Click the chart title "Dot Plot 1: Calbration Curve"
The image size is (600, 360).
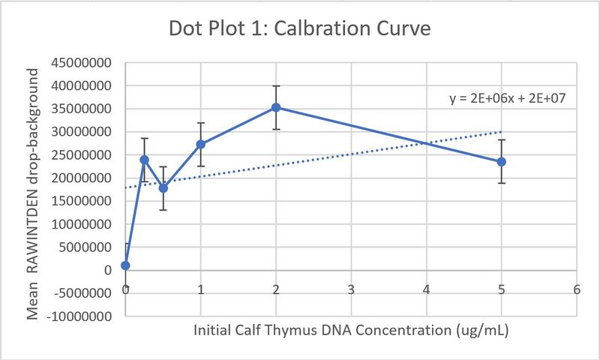coord(299,31)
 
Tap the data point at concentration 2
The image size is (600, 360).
coord(276,107)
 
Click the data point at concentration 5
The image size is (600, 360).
coord(501,161)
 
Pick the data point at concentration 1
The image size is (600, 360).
coord(201,144)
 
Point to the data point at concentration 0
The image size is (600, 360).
coord(125,265)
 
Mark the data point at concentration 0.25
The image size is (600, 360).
coord(144,160)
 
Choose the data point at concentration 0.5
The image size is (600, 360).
coord(163,187)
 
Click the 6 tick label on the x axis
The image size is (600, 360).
coord(576,289)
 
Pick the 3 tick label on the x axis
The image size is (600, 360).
coord(351,289)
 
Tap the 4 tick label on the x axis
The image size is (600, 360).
coord(426,289)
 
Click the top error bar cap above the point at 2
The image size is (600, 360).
coord(276,86)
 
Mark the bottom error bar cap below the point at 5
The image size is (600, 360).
coord(501,183)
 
